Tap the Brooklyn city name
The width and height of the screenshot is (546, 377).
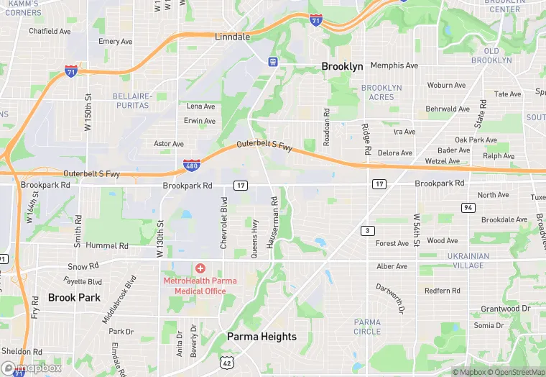tap(342, 66)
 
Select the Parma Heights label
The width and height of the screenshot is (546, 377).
tap(262, 337)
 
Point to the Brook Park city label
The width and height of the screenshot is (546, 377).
tap(74, 297)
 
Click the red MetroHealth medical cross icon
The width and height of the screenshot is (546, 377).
tap(200, 268)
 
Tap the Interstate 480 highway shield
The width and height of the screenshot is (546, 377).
tap(190, 166)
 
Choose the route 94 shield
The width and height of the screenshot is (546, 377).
tap(468, 208)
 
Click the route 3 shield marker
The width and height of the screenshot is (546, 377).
tap(367, 230)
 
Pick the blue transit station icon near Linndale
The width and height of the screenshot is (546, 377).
tap(272, 62)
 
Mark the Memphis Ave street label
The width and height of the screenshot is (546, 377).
tap(394, 65)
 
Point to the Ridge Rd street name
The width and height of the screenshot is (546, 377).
tap(366, 140)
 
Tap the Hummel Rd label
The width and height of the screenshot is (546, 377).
tap(106, 245)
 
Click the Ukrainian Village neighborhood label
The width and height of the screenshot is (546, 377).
tap(468, 260)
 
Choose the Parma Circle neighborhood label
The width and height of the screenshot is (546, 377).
tap(367, 327)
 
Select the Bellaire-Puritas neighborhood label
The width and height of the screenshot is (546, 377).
tap(131, 100)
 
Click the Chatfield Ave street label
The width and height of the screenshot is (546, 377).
tap(50, 31)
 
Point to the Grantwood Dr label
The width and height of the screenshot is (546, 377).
tap(505, 309)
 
